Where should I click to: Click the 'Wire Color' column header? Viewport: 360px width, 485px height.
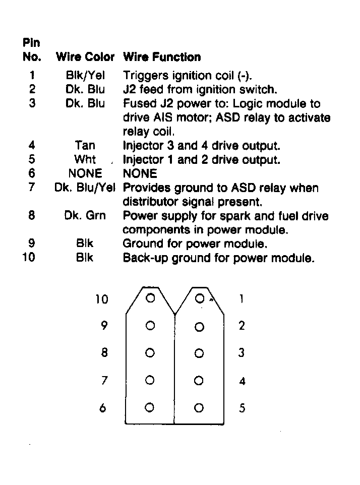(85, 57)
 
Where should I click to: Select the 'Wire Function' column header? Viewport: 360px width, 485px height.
(162, 57)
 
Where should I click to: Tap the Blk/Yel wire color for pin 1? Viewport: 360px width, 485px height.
(85, 76)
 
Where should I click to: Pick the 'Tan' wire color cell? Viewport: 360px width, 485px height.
(85, 146)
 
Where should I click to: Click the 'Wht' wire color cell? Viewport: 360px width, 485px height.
(85, 160)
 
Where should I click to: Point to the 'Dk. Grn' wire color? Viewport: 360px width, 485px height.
(85, 216)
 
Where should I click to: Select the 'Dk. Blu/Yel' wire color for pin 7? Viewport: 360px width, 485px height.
(85, 188)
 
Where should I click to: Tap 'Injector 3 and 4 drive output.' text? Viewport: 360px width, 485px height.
(201, 146)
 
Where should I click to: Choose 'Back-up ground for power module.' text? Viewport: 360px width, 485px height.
(219, 258)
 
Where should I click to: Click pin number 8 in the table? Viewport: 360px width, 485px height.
(32, 216)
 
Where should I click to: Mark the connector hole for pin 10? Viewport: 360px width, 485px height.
(150, 298)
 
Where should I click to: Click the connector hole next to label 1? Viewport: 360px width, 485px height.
(200, 298)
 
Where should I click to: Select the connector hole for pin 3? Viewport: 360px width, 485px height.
(199, 353)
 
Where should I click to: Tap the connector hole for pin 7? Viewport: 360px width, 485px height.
(150, 380)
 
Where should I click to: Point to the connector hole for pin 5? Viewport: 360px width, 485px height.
(199, 407)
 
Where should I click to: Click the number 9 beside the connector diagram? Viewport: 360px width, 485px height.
(104, 326)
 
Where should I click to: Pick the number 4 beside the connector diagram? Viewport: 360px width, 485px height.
(242, 381)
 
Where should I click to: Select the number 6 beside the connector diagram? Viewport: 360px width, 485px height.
(103, 408)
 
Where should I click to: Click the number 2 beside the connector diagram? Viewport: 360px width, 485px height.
(242, 326)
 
